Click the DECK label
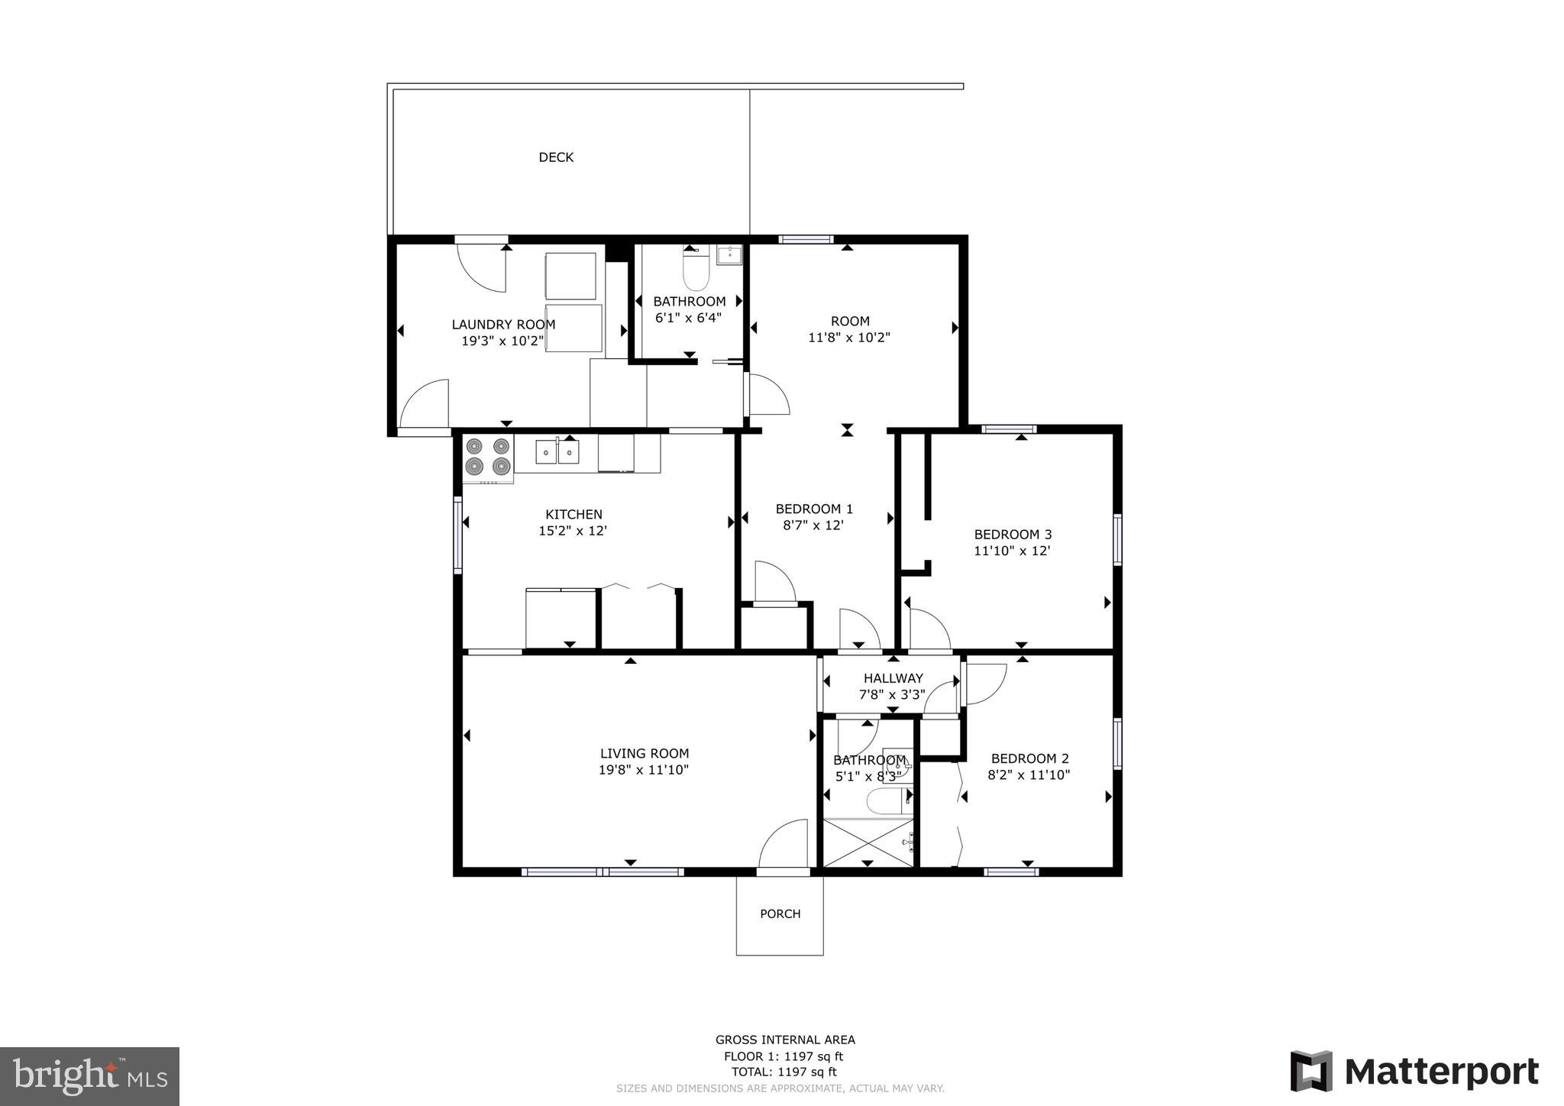pos(556,157)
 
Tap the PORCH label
pos(780,914)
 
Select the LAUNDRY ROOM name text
pos(503,325)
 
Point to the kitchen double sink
pos(557,452)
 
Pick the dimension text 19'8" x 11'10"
pos(644,770)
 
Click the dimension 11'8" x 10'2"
pos(849,337)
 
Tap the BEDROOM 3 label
pos(1013,535)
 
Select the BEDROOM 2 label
pos(1029,758)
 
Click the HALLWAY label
pos(893,678)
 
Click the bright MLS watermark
pos(90,1076)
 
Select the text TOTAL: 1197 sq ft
pos(784,1072)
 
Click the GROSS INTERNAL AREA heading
pos(785,1040)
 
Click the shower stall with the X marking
pos(868,842)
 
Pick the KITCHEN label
pos(574,515)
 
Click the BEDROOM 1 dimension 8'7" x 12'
pos(814,526)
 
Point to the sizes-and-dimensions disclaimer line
pos(780,1088)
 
